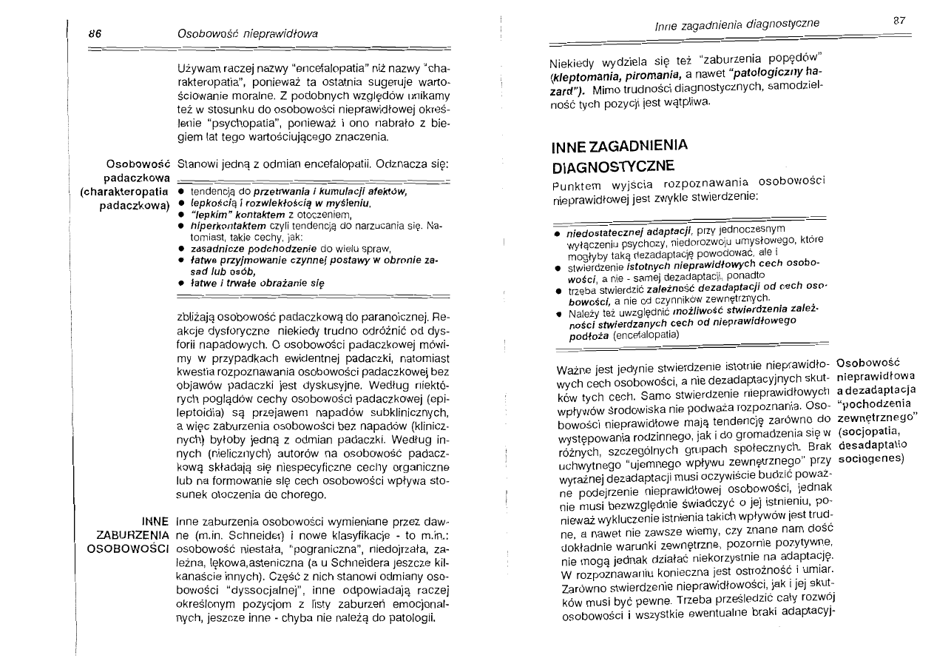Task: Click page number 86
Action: tap(95, 33)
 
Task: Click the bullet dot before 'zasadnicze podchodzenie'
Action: tap(180, 248)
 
